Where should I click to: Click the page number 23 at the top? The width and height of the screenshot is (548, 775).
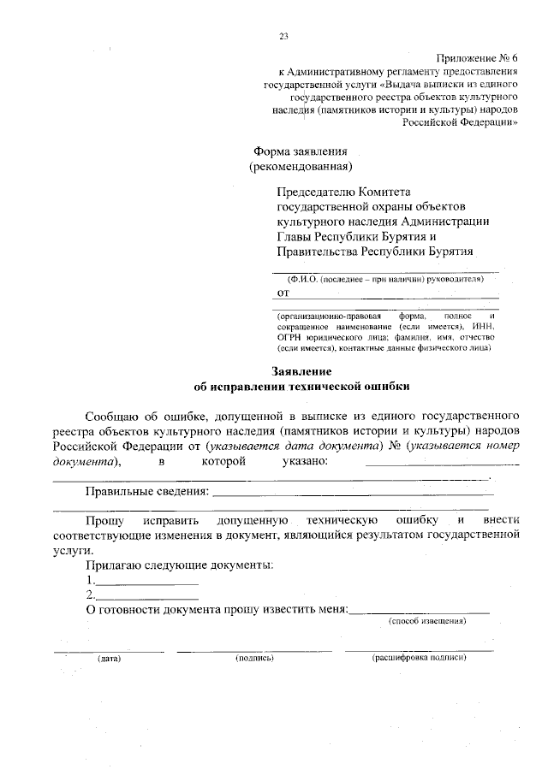click(x=283, y=35)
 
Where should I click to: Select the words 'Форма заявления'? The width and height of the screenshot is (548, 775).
click(x=294, y=150)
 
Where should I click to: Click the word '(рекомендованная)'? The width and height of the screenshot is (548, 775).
click(x=300, y=165)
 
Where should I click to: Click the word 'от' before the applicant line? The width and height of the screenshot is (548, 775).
click(x=283, y=292)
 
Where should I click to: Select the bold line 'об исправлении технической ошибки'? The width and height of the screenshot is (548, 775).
click(x=302, y=386)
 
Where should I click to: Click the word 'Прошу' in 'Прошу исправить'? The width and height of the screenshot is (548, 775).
click(x=104, y=520)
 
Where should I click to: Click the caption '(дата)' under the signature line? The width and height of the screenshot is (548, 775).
click(x=109, y=659)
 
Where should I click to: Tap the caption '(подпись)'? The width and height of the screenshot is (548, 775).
click(x=253, y=659)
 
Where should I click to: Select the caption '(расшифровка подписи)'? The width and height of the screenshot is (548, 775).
click(x=418, y=659)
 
